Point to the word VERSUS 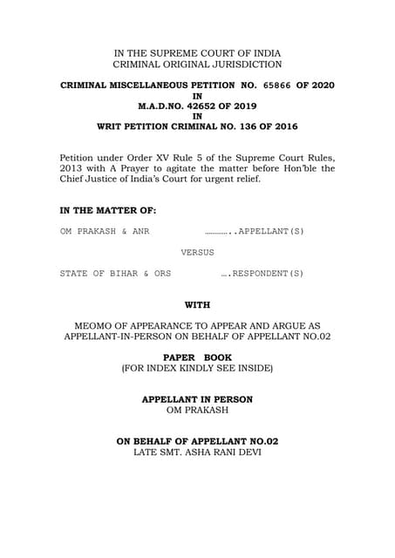click(197, 253)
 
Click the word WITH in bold click(197, 305)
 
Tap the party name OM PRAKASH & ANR click(97, 233)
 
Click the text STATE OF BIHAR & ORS click(115, 274)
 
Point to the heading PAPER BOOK click(197, 357)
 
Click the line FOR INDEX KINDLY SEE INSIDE click(197, 369)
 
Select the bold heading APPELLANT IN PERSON click(197, 399)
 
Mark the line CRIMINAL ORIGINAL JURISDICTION click(197, 65)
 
